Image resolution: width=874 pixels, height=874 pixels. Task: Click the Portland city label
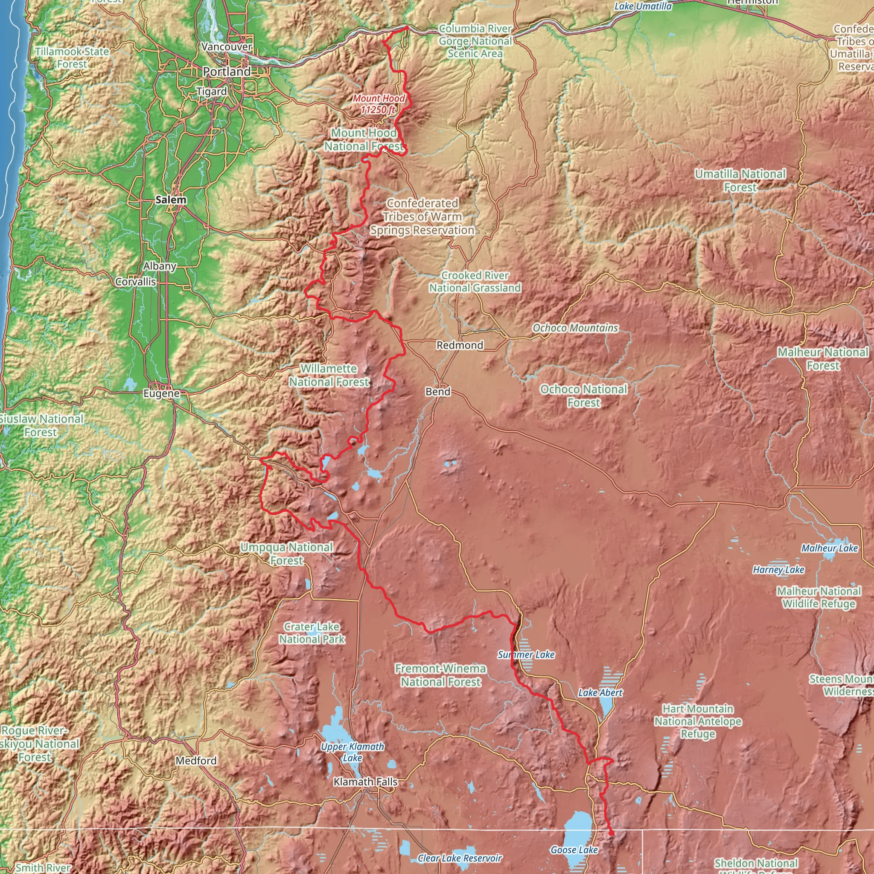(x=226, y=71)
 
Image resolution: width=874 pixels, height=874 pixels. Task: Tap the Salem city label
(x=171, y=199)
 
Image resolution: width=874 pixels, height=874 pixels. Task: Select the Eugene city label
(x=161, y=393)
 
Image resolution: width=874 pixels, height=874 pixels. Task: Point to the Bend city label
(x=437, y=391)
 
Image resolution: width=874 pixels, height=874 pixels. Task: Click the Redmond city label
(x=460, y=345)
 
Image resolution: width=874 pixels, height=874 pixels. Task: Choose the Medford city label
(x=196, y=760)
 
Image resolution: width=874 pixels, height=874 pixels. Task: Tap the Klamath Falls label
(x=365, y=781)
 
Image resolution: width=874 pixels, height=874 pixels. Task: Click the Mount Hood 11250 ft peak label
(x=379, y=104)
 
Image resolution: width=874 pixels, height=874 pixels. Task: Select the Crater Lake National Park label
(x=312, y=632)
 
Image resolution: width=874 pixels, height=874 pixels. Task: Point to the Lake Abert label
(x=600, y=693)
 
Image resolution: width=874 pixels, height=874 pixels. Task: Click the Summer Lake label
(x=526, y=655)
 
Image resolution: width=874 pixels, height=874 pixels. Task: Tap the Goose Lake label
(x=574, y=850)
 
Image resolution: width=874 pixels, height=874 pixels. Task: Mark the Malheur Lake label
(x=829, y=548)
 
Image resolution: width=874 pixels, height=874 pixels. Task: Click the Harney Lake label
(x=778, y=570)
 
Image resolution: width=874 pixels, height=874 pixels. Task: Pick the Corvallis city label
(x=135, y=281)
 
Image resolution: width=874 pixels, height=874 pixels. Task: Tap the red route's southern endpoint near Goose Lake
(x=612, y=833)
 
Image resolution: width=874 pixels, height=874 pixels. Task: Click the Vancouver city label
(x=226, y=47)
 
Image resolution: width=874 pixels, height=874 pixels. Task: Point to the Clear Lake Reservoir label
(x=460, y=858)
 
